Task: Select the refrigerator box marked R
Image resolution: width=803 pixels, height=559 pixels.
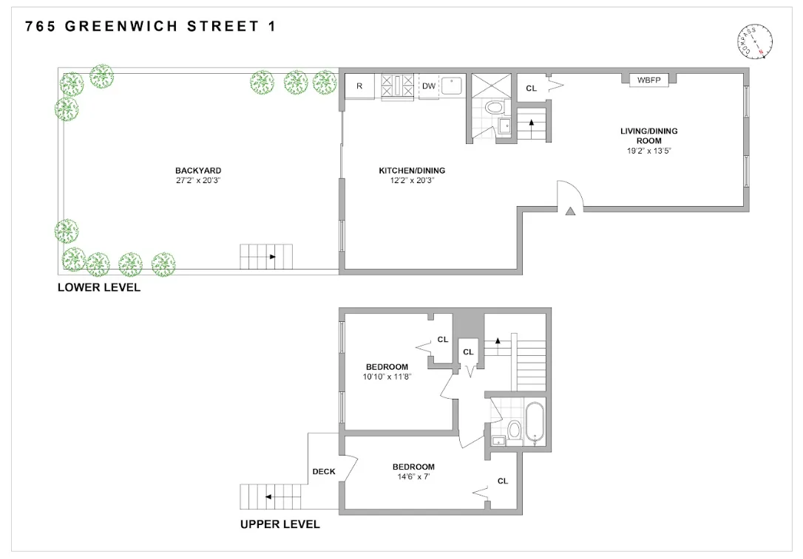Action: pyautogui.click(x=359, y=86)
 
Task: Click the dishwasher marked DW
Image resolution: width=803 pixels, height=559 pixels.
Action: pyautogui.click(x=429, y=86)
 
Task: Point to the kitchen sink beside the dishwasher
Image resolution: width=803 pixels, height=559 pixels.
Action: pyautogui.click(x=452, y=86)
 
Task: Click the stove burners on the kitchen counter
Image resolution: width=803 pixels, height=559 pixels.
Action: pyautogui.click(x=397, y=86)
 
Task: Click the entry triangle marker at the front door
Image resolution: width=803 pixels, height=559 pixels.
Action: pyautogui.click(x=570, y=211)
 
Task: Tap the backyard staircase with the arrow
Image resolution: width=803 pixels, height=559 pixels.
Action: pyautogui.click(x=266, y=257)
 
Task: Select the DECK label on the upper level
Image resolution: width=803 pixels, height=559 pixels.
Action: pyautogui.click(x=324, y=472)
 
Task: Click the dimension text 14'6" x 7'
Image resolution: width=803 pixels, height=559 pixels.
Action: pyautogui.click(x=413, y=477)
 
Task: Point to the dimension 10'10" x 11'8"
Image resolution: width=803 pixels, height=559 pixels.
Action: pyautogui.click(x=387, y=377)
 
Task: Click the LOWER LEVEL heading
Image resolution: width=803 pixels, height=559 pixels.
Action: pyautogui.click(x=99, y=288)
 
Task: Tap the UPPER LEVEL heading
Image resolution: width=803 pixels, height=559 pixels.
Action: pyautogui.click(x=280, y=524)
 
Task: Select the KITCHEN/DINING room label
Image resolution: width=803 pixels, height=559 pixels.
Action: pyautogui.click(x=412, y=171)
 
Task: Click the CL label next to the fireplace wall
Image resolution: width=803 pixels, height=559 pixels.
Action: pyautogui.click(x=531, y=89)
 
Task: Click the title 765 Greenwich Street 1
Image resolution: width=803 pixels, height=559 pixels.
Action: pyautogui.click(x=152, y=27)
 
